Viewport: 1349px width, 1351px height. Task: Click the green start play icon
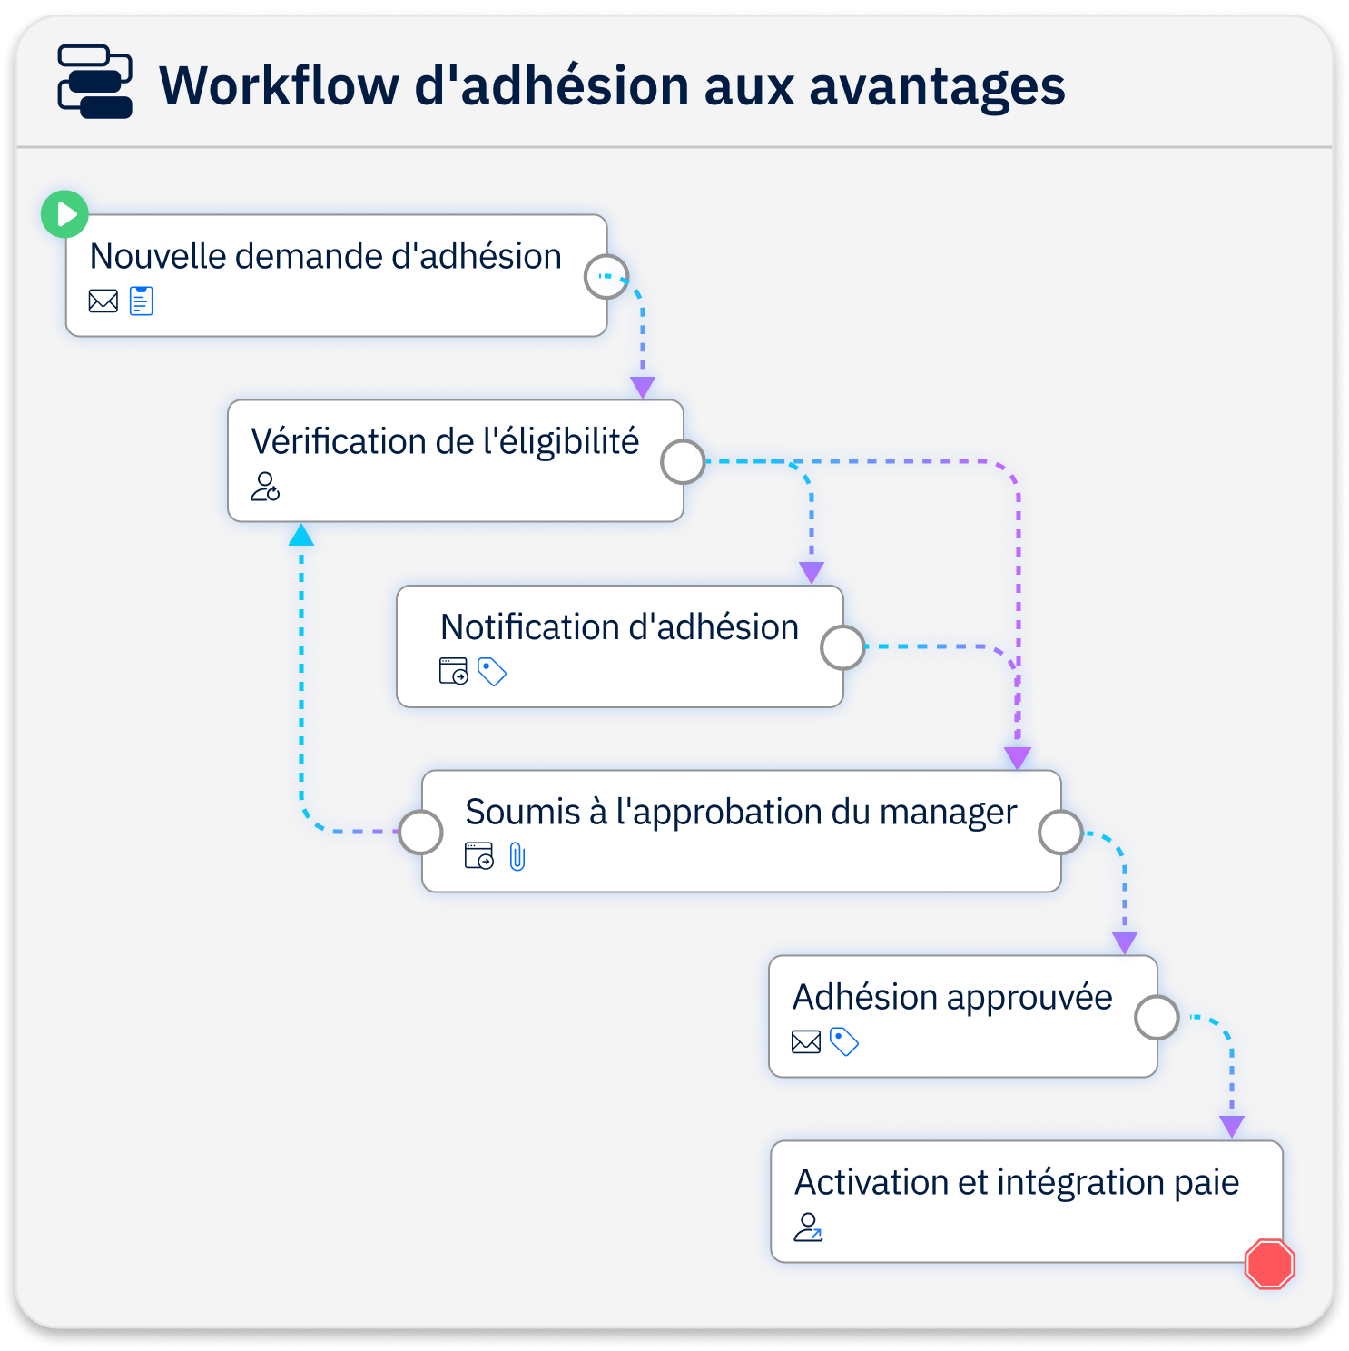64,214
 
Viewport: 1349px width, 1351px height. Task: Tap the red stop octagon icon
1270,1263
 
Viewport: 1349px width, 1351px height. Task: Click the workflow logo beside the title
95,82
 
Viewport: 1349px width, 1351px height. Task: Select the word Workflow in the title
279,85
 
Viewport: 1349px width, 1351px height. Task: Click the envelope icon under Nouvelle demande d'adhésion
103,301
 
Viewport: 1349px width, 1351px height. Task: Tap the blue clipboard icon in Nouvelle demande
142,301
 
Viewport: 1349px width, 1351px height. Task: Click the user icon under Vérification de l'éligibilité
265,487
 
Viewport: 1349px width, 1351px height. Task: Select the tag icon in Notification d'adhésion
492,672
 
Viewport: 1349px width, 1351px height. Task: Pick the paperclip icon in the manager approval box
517,856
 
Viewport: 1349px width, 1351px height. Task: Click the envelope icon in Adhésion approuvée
806,1041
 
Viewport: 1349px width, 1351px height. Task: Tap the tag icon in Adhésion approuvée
844,1041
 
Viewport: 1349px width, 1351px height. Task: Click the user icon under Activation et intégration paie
808,1228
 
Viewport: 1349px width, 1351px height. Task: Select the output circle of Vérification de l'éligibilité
683,462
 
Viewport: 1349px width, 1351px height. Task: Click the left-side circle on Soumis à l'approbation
421,832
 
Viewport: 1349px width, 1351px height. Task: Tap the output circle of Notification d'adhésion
842,647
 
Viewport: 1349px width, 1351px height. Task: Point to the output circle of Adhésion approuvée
1157,1018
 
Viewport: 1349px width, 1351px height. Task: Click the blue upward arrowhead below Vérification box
301,535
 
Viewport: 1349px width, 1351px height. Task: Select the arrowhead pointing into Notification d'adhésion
812,572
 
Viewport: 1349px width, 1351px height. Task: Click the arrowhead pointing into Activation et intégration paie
1232,1127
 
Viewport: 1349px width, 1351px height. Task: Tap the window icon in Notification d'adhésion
454,672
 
